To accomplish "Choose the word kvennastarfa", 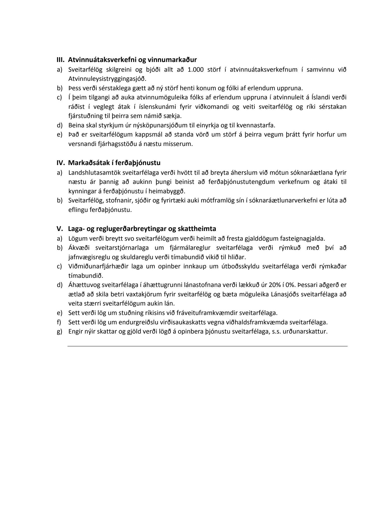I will (256, 125).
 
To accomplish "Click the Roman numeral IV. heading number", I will (61, 163).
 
